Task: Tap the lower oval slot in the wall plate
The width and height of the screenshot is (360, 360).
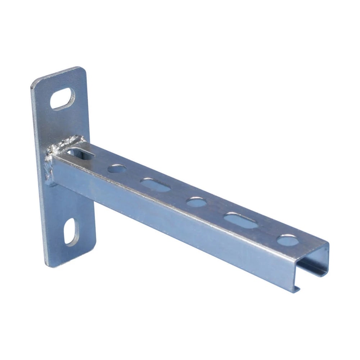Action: click(71, 231)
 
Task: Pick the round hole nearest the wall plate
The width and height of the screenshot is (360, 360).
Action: click(117, 168)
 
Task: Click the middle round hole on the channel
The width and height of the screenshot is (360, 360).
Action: click(197, 202)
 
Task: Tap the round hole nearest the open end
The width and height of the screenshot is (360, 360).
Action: click(288, 240)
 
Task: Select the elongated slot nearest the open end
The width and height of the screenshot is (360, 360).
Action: click(241, 221)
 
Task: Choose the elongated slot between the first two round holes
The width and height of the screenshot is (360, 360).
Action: click(155, 185)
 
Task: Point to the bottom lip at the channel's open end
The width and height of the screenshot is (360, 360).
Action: click(296, 288)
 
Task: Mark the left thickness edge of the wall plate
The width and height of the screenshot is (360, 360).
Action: click(39, 173)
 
